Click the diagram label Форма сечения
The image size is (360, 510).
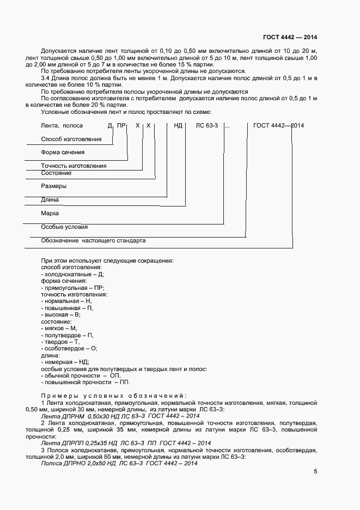pyautogui.click(x=63, y=153)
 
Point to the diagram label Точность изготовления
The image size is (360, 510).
pyautogui.click(x=74, y=166)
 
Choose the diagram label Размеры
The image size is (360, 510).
pyautogui.click(x=54, y=186)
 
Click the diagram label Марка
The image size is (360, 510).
pyautogui.click(x=50, y=213)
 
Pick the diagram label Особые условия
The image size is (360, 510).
pyautogui.click(x=64, y=227)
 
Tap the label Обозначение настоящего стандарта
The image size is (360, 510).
pyautogui.click(x=93, y=240)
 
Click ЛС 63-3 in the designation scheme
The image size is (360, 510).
pyautogui.click(x=207, y=125)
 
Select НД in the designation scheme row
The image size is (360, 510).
pyautogui.click(x=178, y=125)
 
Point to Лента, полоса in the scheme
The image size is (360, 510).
pyautogui.click(x=62, y=125)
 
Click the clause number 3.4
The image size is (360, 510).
pyautogui.click(x=46, y=78)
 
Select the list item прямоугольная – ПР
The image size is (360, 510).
pyautogui.click(x=72, y=288)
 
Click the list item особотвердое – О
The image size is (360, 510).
pyautogui.click(x=69, y=348)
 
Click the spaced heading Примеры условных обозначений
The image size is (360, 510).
pyautogui.click(x=114, y=396)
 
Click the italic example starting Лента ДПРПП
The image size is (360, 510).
pyautogui.click(x=126, y=442)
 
